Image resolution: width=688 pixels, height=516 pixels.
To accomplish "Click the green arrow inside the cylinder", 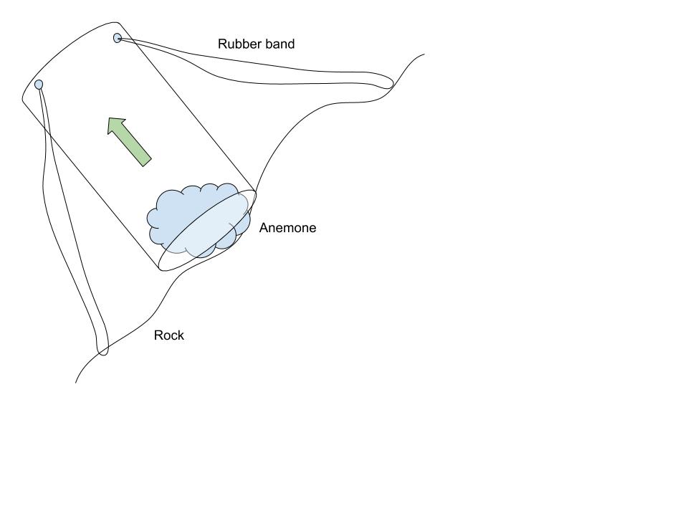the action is point(130,142).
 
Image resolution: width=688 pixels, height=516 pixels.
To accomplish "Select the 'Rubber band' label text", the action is point(257,44).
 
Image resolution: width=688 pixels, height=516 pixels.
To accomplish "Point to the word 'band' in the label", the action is point(280,44).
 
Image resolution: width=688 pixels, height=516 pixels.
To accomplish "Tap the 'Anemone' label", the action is point(287,228).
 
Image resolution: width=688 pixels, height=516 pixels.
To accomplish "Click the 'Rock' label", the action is point(169,335).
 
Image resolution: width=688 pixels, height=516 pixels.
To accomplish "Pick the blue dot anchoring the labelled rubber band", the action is point(117,38).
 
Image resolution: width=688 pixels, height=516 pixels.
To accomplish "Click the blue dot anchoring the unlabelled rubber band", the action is point(39,85).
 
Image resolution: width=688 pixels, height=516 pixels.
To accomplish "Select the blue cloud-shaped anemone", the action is point(199,220).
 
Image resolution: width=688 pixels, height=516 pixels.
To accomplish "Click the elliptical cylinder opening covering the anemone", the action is point(207,230).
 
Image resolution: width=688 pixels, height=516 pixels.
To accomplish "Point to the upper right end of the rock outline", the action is point(424,54).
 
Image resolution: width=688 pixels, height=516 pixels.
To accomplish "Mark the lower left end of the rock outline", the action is point(75,383).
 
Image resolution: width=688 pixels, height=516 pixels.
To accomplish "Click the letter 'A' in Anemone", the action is point(263,228).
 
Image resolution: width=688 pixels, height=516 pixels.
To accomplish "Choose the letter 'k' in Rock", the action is point(181,335).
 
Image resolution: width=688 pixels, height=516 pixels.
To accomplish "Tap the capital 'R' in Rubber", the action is point(222,44).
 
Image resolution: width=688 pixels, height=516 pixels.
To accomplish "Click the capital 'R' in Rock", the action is point(158,335).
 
